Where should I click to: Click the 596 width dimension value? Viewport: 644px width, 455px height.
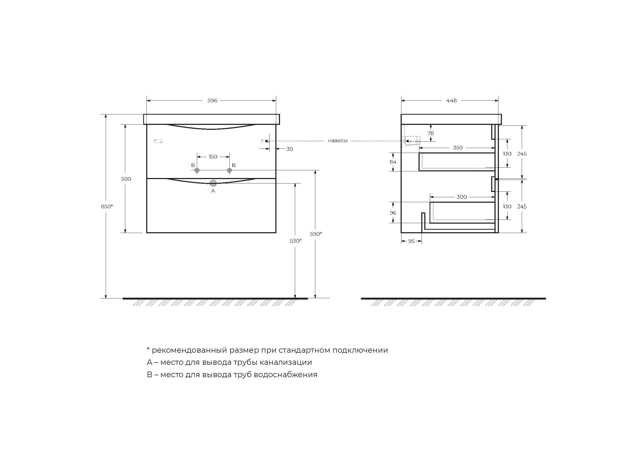[212, 101]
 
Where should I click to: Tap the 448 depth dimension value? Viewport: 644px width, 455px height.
[451, 101]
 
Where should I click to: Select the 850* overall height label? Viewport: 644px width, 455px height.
[107, 207]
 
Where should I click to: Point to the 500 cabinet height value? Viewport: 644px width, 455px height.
[126, 179]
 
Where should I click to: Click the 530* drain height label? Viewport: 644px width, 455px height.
[296, 241]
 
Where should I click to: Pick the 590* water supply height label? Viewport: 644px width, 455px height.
[316, 234]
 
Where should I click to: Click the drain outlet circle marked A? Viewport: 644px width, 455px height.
[213, 183]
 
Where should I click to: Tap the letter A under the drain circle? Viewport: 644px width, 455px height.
[213, 191]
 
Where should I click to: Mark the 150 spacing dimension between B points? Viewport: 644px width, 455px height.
[213, 157]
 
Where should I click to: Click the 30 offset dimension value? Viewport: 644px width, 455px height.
[289, 149]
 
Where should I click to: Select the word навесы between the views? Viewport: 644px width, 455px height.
[338, 141]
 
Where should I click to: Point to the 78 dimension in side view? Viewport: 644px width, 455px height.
[431, 133]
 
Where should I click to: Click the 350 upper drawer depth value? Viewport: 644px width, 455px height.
[458, 148]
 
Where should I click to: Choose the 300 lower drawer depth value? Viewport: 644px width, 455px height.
[461, 197]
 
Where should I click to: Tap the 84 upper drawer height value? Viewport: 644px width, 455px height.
[393, 162]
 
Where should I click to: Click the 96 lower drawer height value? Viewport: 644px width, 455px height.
[393, 213]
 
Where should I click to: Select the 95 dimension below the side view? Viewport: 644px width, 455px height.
[411, 241]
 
